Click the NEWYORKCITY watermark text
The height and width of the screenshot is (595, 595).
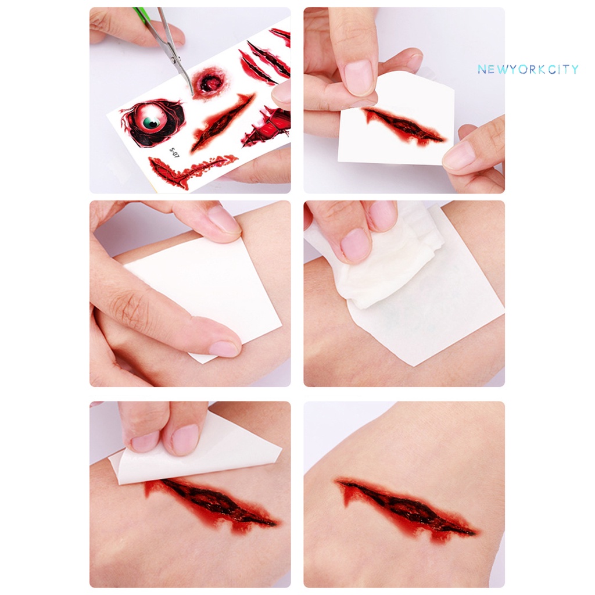[528, 70]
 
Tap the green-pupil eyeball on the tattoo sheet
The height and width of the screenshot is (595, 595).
[152, 121]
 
